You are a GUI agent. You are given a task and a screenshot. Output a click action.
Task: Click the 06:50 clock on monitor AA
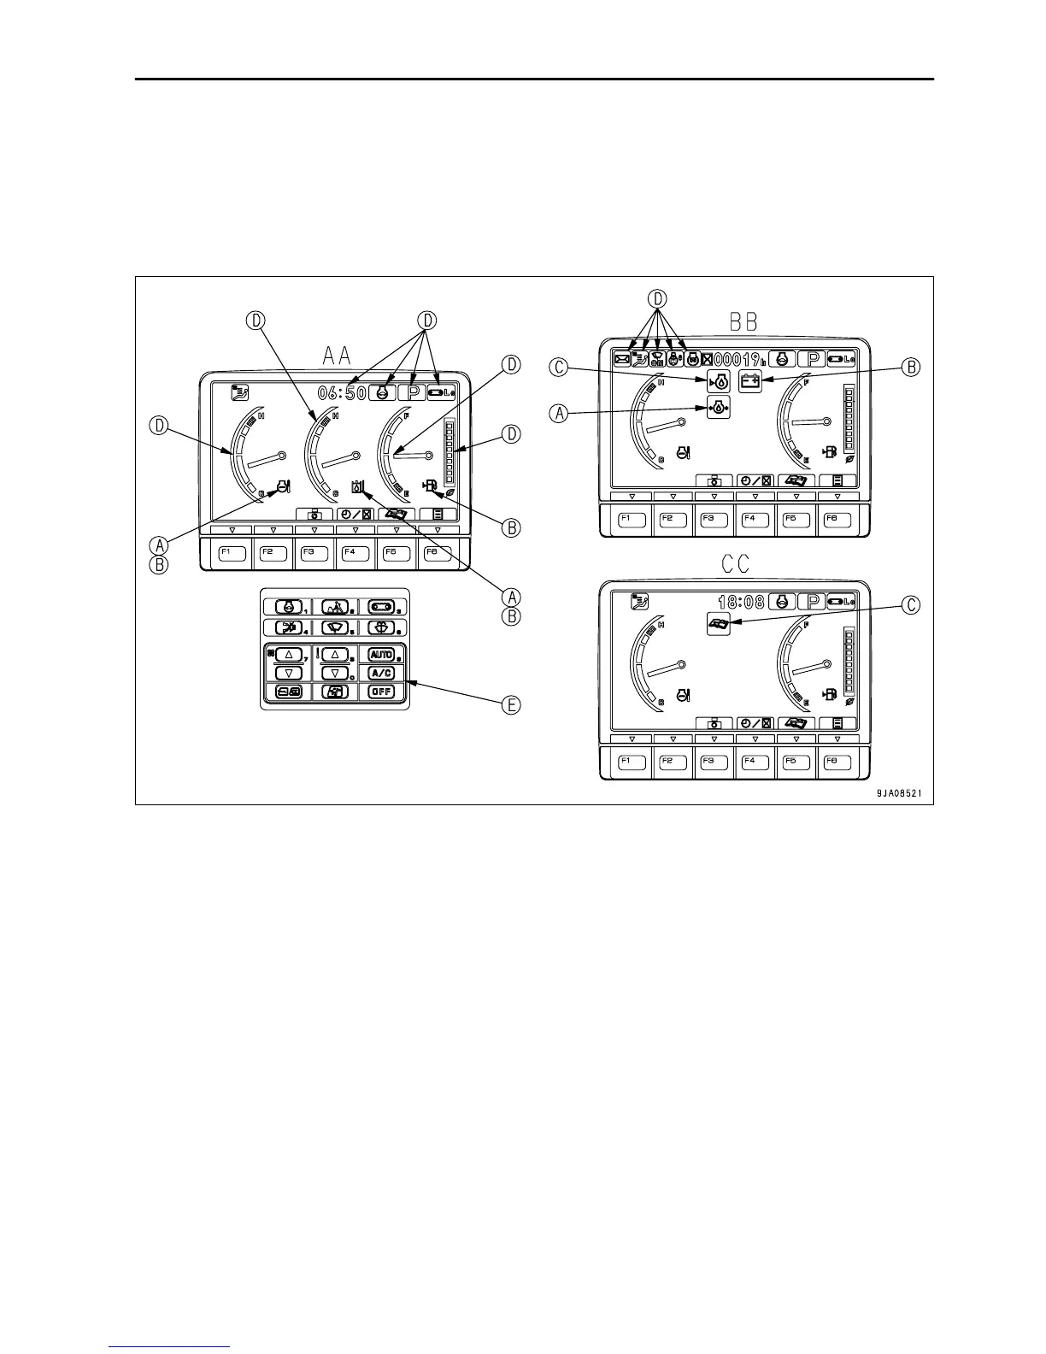click(x=342, y=393)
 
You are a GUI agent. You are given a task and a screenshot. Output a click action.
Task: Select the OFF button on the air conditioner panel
click(x=381, y=692)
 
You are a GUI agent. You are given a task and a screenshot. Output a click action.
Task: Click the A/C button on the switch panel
click(x=381, y=673)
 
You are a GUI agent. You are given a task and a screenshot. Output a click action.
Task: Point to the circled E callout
click(x=511, y=705)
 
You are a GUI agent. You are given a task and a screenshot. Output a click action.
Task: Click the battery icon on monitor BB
click(x=749, y=382)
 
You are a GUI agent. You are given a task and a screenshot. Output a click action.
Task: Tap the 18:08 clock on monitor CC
click(x=741, y=602)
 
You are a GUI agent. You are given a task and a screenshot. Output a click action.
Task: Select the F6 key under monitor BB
click(x=837, y=520)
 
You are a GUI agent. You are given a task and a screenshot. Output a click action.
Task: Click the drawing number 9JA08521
click(x=898, y=792)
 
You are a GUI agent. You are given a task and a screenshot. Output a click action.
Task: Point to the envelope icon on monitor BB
click(x=622, y=360)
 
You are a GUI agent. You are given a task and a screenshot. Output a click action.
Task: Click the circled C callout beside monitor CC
click(x=912, y=605)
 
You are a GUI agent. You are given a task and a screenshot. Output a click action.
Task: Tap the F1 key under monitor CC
click(x=632, y=762)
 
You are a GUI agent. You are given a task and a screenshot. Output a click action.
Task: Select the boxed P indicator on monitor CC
click(x=812, y=602)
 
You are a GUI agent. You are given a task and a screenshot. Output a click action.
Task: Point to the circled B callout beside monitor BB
click(x=912, y=368)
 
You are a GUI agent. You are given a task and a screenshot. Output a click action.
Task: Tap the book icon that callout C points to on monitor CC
click(x=719, y=624)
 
